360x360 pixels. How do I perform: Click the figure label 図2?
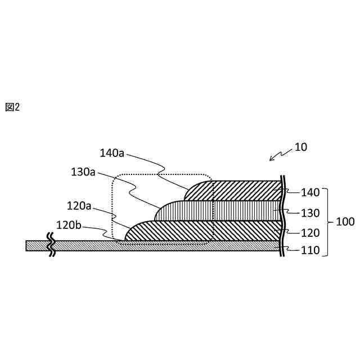pyautogui.click(x=12, y=107)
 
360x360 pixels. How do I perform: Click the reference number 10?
pyautogui.click(x=301, y=147)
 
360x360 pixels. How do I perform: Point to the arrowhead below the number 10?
pyautogui.click(x=271, y=159)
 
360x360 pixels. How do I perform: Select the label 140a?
pyautogui.click(x=112, y=153)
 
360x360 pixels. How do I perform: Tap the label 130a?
pyautogui.click(x=83, y=172)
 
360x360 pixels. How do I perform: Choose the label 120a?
pyautogui.click(x=79, y=206)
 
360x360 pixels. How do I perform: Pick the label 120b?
pyautogui.click(x=69, y=226)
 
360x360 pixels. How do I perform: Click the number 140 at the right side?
pyautogui.click(x=310, y=192)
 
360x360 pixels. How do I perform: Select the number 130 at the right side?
pyautogui.click(x=310, y=213)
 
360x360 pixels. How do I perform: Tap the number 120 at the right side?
pyautogui.click(x=310, y=233)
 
